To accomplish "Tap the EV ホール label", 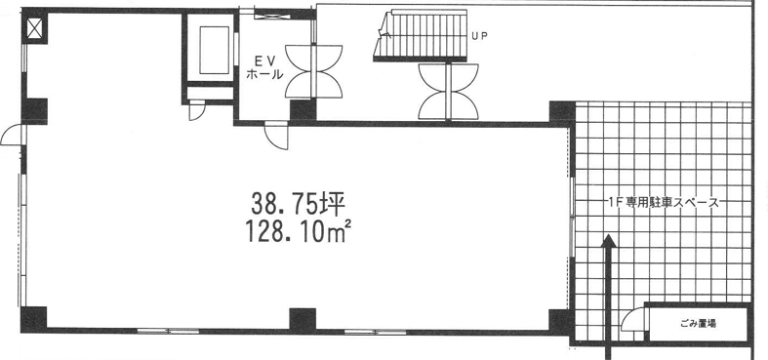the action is (264, 67).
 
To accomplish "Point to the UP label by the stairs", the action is (479, 36).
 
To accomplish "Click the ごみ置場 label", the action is (699, 324).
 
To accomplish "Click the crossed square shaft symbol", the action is (35, 27).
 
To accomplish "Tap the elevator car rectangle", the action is (214, 49).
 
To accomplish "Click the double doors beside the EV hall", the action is (313, 71).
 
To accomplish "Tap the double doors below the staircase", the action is (448, 92).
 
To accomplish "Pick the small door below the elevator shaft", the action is (197, 110).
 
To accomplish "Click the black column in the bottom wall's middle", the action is (303, 320).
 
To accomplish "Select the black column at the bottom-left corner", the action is (33, 319).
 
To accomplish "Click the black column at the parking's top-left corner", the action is (561, 113).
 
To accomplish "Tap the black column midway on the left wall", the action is (34, 111).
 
